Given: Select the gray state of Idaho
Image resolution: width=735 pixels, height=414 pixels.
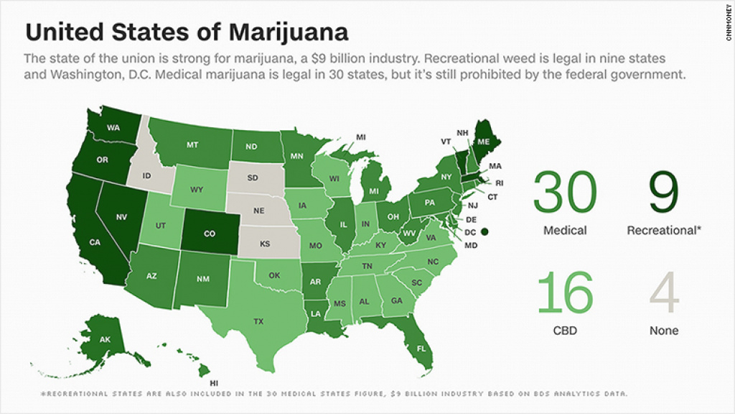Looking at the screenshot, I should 147,177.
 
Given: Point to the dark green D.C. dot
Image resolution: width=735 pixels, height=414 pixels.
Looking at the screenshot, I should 484,231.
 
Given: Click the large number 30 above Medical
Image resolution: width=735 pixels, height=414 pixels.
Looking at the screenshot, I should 564,193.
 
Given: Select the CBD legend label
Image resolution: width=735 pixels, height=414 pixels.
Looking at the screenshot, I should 564,331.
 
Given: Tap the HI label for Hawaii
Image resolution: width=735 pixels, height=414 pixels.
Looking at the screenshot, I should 214,383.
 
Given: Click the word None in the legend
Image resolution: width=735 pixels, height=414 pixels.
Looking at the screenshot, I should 663,331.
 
